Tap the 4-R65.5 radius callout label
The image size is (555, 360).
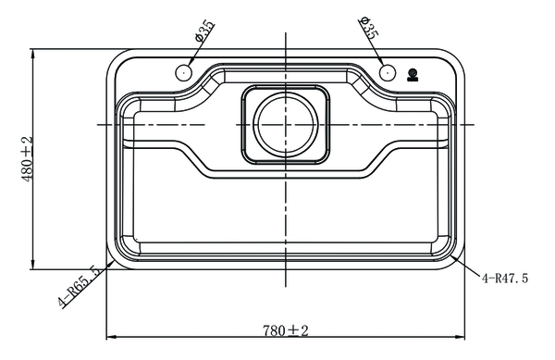point(81,289)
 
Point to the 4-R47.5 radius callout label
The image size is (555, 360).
point(504,278)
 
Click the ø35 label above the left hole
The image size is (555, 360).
point(204,31)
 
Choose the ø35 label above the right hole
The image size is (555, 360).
point(368,28)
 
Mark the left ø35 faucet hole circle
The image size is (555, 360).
point(183,72)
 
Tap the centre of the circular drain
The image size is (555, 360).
point(284,123)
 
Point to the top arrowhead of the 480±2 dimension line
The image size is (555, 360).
point(34,53)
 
